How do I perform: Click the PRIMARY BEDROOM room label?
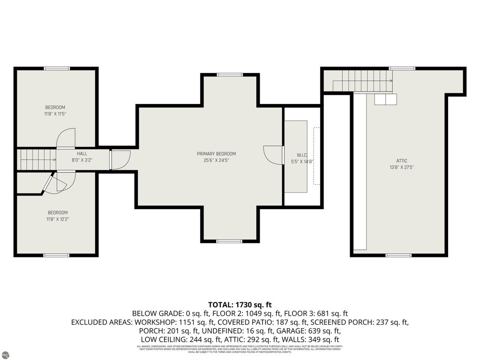(x=216, y=154)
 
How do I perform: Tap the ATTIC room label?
(x=402, y=161)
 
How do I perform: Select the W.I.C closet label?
(x=301, y=155)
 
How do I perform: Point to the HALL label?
(x=82, y=153)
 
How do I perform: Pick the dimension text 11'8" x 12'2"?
(x=58, y=219)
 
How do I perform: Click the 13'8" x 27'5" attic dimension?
(x=402, y=167)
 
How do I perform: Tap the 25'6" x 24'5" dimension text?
(x=216, y=160)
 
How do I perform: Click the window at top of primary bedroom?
(x=230, y=75)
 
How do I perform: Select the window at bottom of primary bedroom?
(x=230, y=241)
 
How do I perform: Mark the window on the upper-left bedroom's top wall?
(x=57, y=68)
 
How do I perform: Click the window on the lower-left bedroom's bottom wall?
(x=57, y=255)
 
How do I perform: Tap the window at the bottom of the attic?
(x=398, y=255)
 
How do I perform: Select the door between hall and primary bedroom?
(x=119, y=159)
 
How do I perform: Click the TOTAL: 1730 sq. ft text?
(x=240, y=304)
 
